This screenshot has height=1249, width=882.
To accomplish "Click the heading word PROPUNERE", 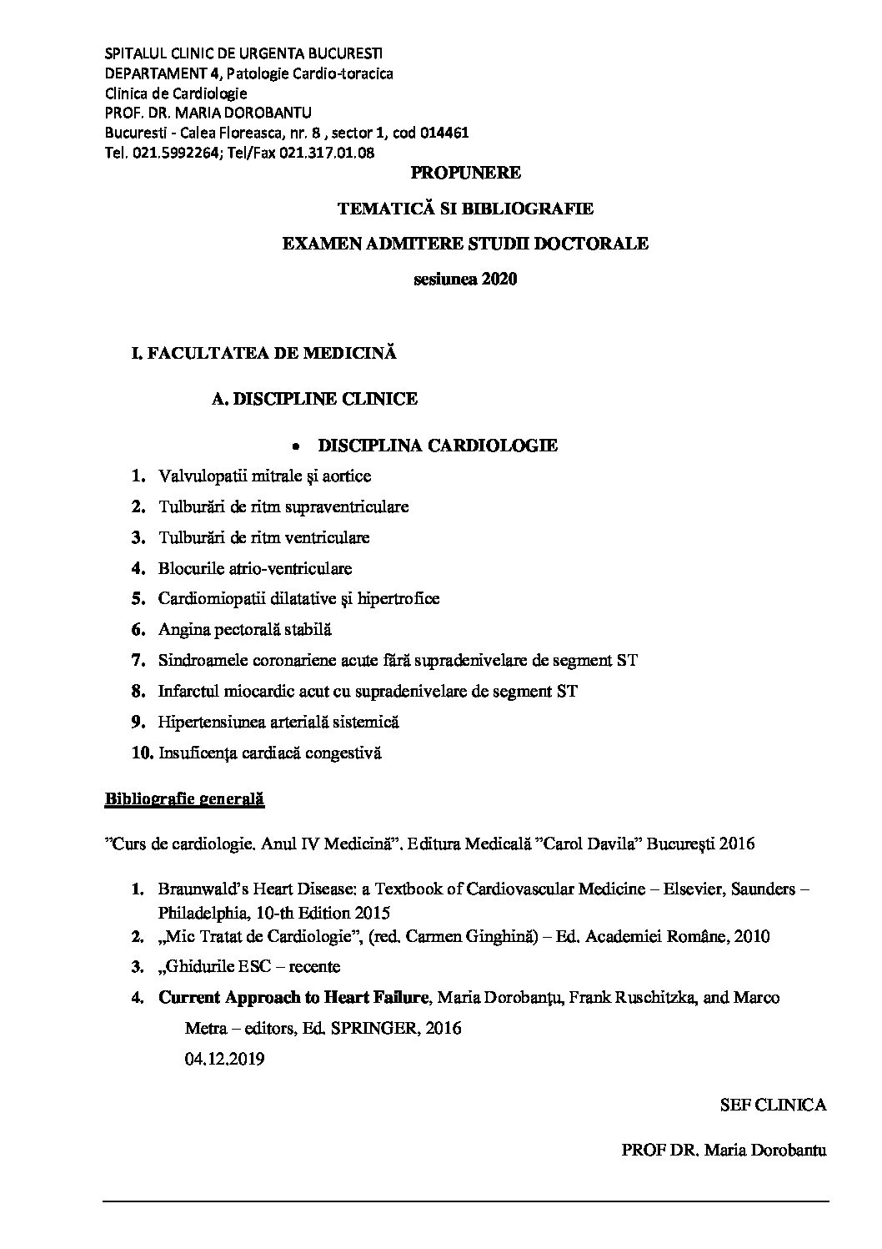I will tap(466, 173).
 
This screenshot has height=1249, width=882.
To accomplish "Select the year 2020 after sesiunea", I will tap(499, 279).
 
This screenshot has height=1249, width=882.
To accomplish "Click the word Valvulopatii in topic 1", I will tap(198, 476).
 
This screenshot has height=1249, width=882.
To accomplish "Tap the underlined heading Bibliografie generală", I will tap(183, 798).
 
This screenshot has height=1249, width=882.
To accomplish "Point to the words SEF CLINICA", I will tap(773, 1105).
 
